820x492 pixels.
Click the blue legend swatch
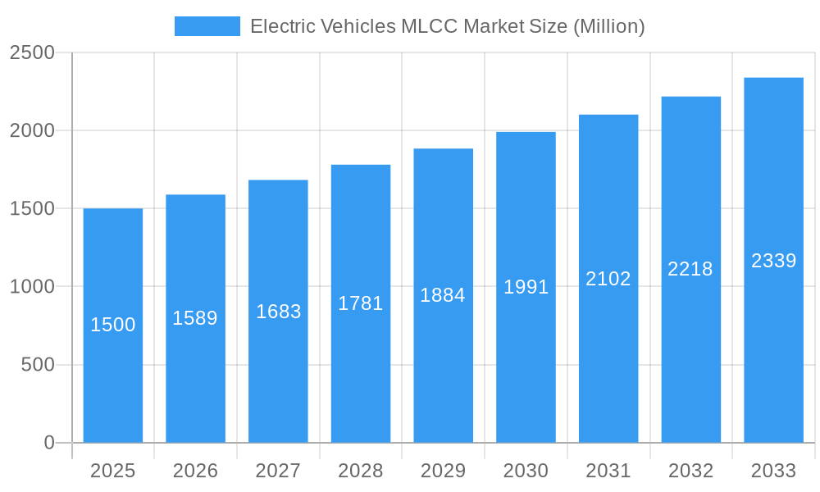pyautogui.click(x=207, y=26)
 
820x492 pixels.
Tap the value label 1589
pyautogui.click(x=195, y=318)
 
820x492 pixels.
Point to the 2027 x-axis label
pyautogui.click(x=278, y=471)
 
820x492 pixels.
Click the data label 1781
pyautogui.click(x=361, y=303)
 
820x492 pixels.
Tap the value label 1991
pyautogui.click(x=526, y=287)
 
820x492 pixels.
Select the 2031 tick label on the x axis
pyautogui.click(x=608, y=471)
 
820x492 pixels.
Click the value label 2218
pyautogui.click(x=690, y=269)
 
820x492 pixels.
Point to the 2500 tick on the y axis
pyautogui.click(x=32, y=53)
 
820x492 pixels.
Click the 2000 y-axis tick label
pyautogui.click(x=32, y=131)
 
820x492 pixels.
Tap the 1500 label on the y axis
pyautogui.click(x=32, y=209)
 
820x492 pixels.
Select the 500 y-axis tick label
pyautogui.click(x=38, y=365)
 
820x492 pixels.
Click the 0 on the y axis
pyautogui.click(x=49, y=443)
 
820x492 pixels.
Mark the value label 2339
pyautogui.click(x=773, y=261)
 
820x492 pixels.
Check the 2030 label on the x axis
pyautogui.click(x=526, y=471)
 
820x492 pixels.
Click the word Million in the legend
pyautogui.click(x=608, y=26)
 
